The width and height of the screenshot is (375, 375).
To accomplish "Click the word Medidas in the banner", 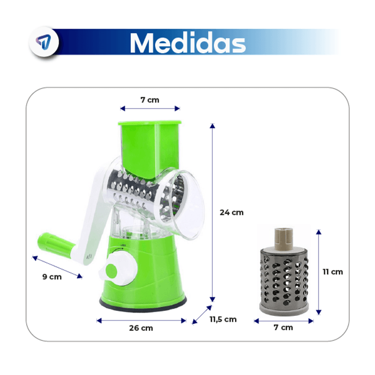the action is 188,43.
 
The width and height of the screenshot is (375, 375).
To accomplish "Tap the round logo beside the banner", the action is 44,42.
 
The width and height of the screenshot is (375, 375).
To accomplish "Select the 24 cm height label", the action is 232,212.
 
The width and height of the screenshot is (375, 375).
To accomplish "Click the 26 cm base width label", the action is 141,328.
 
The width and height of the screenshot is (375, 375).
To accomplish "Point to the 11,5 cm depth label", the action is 223,319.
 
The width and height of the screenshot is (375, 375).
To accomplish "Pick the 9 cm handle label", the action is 52,277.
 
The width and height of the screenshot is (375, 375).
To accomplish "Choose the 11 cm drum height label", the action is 332,272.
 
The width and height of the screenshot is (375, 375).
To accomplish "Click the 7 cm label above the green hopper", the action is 150,100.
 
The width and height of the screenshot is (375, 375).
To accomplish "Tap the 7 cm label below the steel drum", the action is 283,327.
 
